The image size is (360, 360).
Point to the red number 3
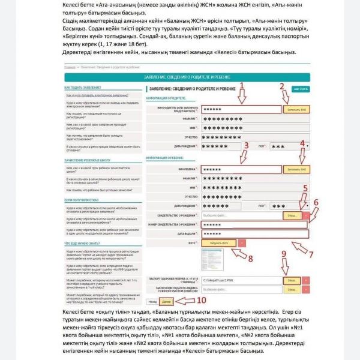[247, 146]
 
